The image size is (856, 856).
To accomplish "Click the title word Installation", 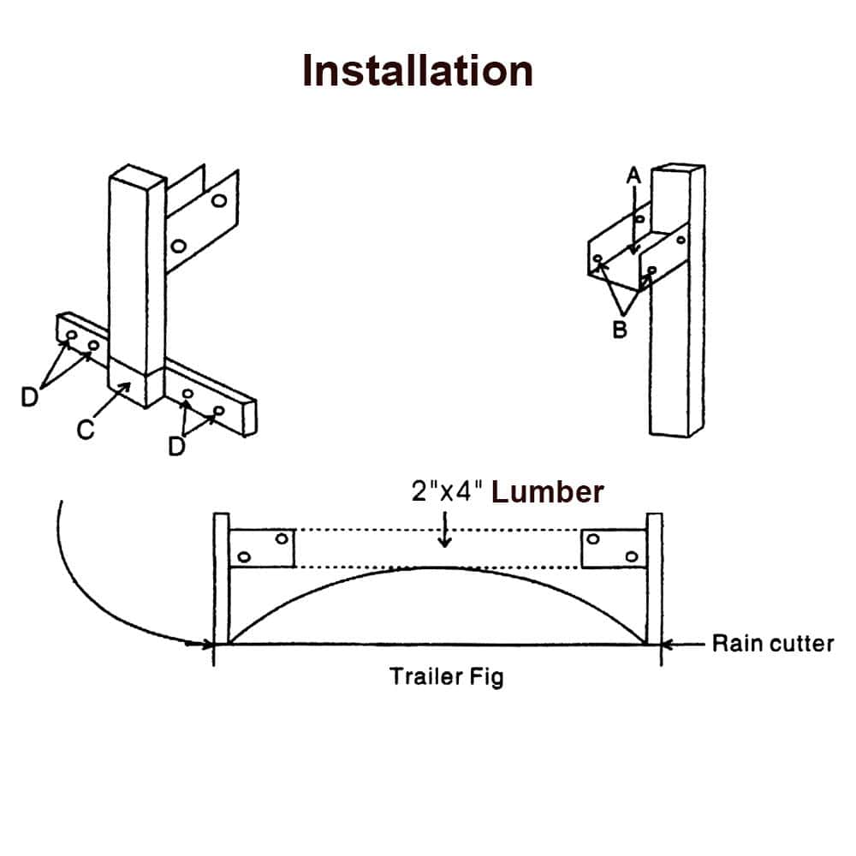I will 418,70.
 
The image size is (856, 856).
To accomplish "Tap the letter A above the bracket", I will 633,175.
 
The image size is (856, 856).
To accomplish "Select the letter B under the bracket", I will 621,330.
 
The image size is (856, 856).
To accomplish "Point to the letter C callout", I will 85,429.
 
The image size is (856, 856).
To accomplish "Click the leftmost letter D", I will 30,397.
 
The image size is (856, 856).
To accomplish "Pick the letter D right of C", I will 176,446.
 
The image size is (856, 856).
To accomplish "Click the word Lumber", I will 548,492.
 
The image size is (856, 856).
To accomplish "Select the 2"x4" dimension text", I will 446,492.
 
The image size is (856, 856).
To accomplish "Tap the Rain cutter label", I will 773,644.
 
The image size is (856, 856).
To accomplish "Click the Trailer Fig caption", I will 447,676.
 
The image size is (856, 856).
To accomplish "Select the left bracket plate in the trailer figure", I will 262,548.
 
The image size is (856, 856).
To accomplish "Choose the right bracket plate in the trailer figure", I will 614,548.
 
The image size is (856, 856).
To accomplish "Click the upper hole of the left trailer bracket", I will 281,538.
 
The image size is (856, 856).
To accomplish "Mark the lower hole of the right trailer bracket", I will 632,557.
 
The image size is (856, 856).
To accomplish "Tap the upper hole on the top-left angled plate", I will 219,200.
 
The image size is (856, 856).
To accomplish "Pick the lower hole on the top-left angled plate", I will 179,247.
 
